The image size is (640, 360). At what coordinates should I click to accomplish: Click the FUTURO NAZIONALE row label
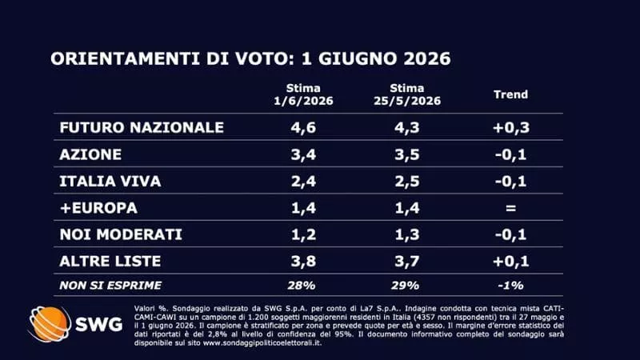[x=142, y=127]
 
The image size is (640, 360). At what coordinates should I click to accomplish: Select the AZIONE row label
[x=90, y=154]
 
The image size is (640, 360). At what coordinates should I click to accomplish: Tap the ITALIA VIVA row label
[x=110, y=182]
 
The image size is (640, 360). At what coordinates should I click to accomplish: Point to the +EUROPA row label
[x=98, y=208]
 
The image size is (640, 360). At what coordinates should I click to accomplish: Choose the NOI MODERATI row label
[x=121, y=234]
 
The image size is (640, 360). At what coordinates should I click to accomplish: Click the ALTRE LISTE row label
[x=110, y=262]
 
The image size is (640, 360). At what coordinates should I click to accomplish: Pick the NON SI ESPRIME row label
[x=110, y=286]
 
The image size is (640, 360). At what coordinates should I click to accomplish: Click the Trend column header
[x=510, y=94]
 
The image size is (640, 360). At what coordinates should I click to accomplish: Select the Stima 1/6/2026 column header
[x=303, y=94]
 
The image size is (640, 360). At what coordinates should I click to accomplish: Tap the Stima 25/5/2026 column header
[x=407, y=94]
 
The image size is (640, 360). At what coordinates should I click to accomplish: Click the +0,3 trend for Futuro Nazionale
[x=511, y=128]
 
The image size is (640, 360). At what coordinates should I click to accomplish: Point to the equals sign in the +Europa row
[x=510, y=208]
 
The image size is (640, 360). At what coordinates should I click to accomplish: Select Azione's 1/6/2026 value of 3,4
[x=303, y=154]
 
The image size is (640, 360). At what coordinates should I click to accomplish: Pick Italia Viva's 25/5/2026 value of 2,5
[x=407, y=182]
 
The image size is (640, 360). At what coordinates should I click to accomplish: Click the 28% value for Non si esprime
[x=302, y=286]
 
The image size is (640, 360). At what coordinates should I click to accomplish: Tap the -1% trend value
[x=510, y=286]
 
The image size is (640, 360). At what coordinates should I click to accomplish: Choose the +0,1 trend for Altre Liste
[x=511, y=262]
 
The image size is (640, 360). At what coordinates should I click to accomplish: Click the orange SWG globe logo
[x=50, y=324]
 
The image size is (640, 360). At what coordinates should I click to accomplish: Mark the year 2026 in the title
[x=427, y=58]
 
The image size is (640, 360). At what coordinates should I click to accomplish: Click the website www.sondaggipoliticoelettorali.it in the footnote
[x=262, y=343]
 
